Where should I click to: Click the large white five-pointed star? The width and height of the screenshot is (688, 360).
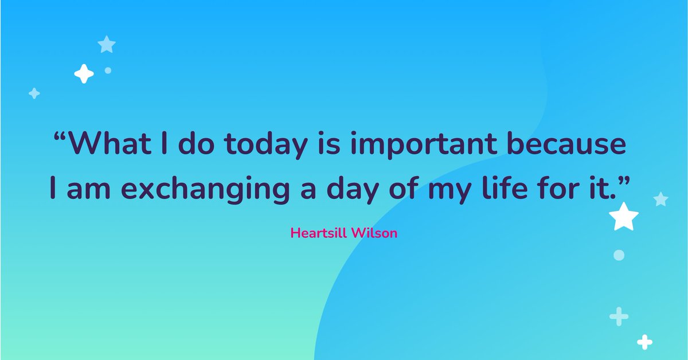623,217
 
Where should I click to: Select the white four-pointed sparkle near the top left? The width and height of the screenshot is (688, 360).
84,73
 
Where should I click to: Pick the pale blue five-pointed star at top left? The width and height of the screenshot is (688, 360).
107,44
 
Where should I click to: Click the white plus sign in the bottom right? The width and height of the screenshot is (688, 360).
645,342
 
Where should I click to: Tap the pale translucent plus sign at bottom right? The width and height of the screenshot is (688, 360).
619,316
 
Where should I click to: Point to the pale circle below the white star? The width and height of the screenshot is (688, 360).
619,255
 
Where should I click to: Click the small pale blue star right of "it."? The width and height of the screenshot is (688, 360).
660,199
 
